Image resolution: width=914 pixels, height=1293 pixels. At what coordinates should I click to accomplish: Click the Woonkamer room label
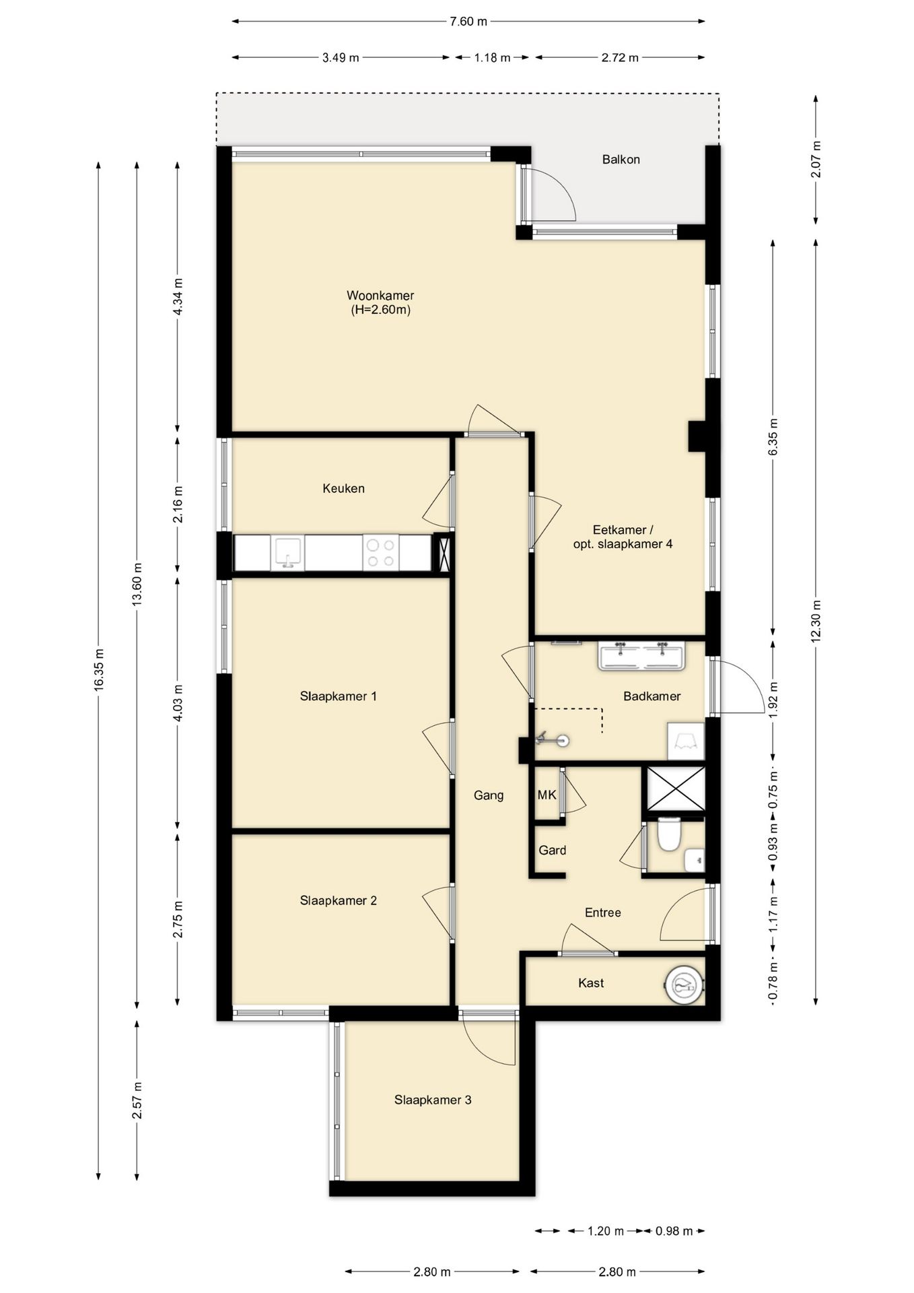(x=380, y=296)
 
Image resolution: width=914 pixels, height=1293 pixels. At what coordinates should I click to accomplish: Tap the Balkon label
(x=621, y=160)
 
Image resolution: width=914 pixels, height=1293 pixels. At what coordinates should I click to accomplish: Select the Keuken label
(x=343, y=488)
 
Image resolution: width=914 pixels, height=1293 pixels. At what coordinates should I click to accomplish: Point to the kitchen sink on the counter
(x=287, y=553)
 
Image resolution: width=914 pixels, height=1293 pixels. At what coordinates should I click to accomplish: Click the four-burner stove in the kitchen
(x=380, y=553)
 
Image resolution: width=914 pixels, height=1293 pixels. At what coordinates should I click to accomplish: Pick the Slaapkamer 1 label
(x=338, y=696)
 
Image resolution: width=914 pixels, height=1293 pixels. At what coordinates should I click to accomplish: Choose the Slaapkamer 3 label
(x=433, y=1100)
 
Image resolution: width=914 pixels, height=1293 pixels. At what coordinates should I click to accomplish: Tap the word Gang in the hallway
(x=489, y=795)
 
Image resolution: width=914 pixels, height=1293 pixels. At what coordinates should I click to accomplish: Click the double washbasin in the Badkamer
(x=641, y=656)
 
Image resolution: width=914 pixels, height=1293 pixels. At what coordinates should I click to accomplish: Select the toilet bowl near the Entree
(x=668, y=834)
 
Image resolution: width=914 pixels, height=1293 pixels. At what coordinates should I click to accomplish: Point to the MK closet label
(x=547, y=795)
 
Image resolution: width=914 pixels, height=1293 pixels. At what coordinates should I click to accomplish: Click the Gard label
(x=552, y=851)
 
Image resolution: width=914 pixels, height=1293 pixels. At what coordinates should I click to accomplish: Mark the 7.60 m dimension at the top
(x=468, y=22)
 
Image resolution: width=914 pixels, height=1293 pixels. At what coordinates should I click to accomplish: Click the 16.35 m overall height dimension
(x=99, y=669)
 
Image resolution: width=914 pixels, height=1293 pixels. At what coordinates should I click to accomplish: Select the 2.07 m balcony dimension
(x=816, y=159)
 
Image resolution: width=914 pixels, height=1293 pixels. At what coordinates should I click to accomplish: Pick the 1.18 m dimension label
(x=492, y=58)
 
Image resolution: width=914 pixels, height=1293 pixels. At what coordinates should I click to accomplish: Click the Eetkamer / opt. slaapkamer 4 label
(x=623, y=537)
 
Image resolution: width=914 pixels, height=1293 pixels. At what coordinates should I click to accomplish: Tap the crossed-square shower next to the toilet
(x=676, y=789)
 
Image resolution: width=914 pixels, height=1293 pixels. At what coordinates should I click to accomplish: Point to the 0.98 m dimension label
(x=674, y=1231)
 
